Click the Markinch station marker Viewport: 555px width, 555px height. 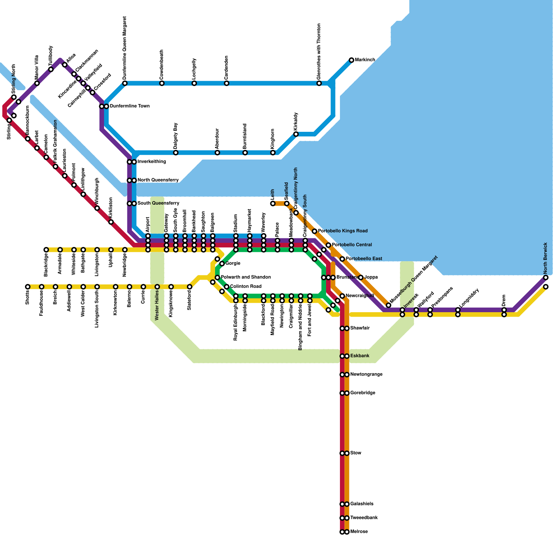click(x=351, y=60)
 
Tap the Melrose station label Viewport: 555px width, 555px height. click(x=359, y=532)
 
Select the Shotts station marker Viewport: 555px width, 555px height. click(x=28, y=287)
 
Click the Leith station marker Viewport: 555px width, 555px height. click(x=273, y=204)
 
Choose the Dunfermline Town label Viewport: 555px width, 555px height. click(x=129, y=106)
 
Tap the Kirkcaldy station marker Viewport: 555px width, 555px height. click(x=296, y=134)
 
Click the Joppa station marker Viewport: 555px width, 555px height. click(x=361, y=277)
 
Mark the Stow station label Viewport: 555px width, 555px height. click(x=356, y=453)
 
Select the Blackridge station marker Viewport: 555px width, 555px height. click(x=46, y=250)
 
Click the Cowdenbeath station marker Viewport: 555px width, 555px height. click(x=162, y=83)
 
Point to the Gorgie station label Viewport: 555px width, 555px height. click(x=233, y=264)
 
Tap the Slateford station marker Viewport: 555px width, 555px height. click(x=189, y=287)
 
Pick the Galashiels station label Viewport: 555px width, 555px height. click(x=361, y=504)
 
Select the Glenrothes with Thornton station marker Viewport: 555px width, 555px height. click(x=319, y=83)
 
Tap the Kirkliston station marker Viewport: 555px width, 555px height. click(x=111, y=222)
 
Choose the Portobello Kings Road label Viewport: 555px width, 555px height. click(x=342, y=231)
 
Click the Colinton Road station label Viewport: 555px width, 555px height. click(x=246, y=287)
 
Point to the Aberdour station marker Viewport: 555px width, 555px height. click(x=217, y=153)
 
